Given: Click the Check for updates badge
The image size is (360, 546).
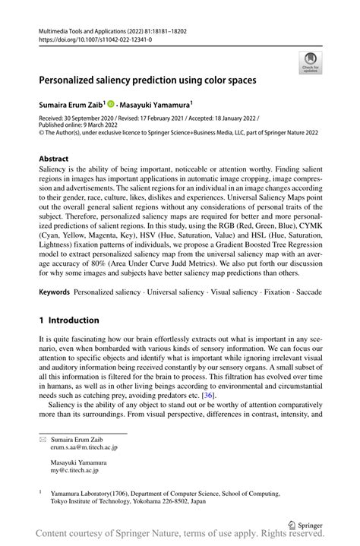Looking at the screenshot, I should coord(310,63).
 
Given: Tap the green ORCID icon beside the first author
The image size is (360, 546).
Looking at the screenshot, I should coord(111,104).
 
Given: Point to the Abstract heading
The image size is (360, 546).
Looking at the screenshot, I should coord(53,159).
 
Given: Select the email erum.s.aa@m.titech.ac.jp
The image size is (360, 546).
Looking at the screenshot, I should coord(84,448).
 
